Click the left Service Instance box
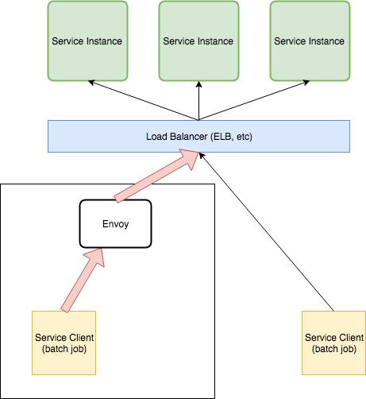(x=87, y=41)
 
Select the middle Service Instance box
(x=198, y=41)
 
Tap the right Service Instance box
(x=310, y=41)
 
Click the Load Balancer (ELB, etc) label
(x=199, y=137)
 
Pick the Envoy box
(x=115, y=224)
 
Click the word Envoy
(x=115, y=224)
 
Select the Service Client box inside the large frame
(x=64, y=343)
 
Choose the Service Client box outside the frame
(x=333, y=343)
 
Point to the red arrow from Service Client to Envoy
(x=83, y=281)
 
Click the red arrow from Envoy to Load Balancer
(x=156, y=176)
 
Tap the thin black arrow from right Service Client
(x=266, y=232)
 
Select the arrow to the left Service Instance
(x=143, y=100)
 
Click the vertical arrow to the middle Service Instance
(x=198, y=101)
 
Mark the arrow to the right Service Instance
(x=254, y=100)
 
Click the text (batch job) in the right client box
(x=334, y=349)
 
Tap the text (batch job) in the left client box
(x=64, y=349)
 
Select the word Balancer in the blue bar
(x=189, y=137)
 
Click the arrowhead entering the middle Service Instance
(x=198, y=84)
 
